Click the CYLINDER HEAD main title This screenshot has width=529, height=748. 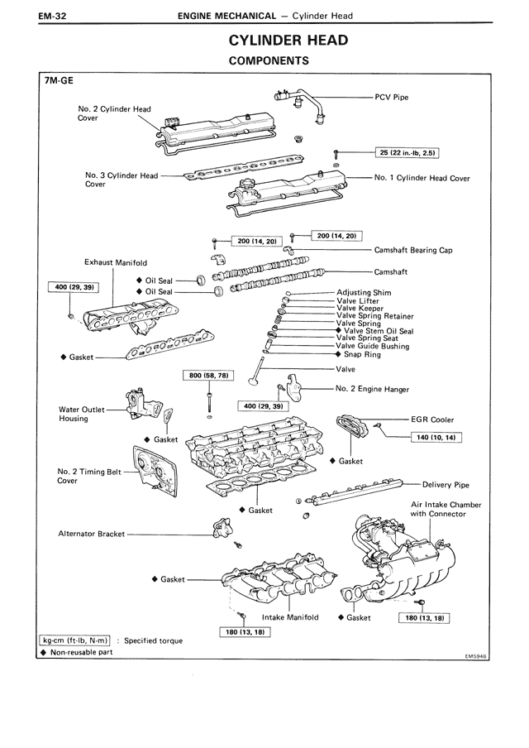pos(288,41)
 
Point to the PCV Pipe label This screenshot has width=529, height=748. pos(392,97)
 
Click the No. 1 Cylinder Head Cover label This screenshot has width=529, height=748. pos(422,177)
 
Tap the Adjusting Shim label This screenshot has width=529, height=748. pos(364,292)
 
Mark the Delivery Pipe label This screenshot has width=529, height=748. pos(446,485)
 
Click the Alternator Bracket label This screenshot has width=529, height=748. pos(91,534)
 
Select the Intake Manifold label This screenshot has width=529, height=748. pos(290,616)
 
